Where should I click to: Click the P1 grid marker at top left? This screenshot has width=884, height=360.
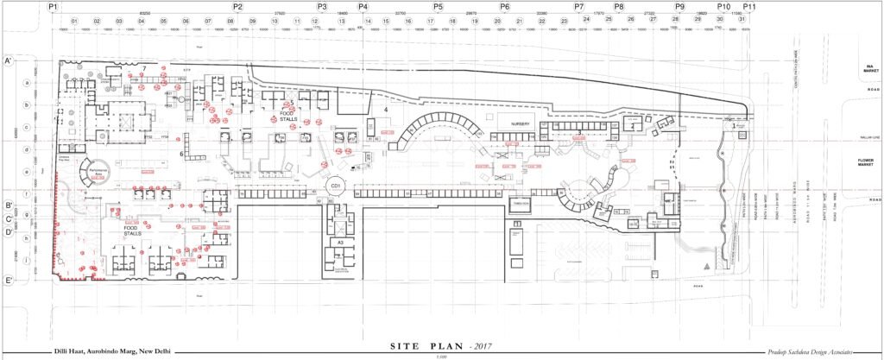tap(53, 6)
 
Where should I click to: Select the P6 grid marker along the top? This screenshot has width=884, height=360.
tap(504, 6)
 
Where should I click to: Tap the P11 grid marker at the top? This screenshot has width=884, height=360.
tap(749, 6)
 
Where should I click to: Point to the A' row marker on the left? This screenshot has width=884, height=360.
tap(7, 61)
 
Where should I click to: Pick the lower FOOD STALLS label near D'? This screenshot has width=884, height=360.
tap(132, 231)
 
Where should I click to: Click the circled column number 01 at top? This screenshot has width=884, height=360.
tap(74, 20)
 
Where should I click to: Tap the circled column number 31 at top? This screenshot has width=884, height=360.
tap(742, 20)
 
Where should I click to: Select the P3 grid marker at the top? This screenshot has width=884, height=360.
tap(321, 6)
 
